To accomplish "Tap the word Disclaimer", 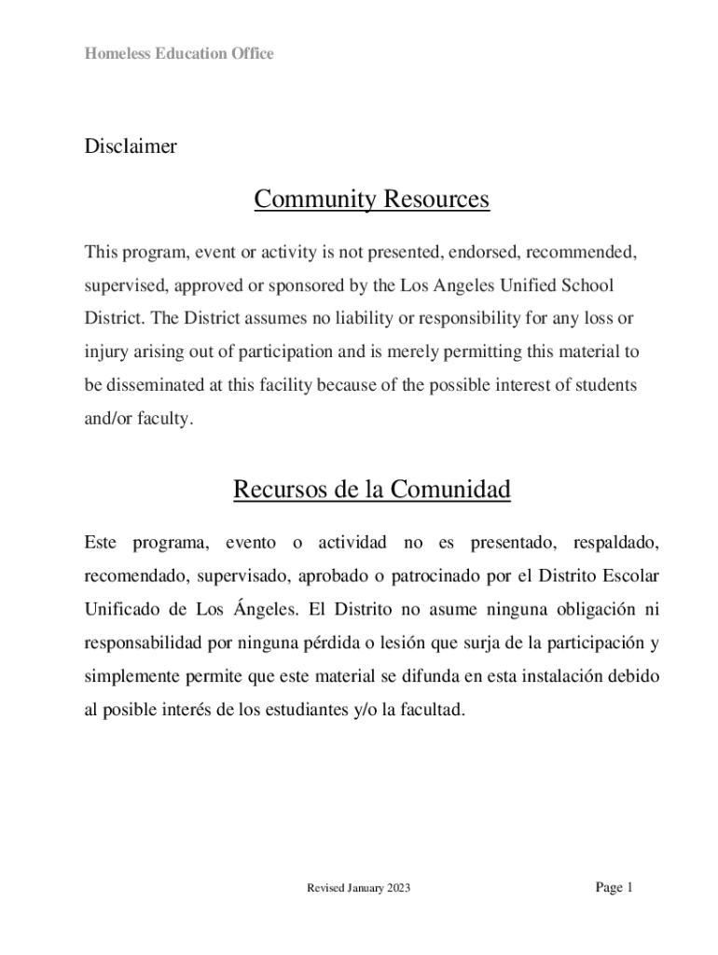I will pyautogui.click(x=131, y=146).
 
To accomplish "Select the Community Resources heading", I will pyautogui.click(x=371, y=200).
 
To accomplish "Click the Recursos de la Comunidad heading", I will pyautogui.click(x=371, y=490).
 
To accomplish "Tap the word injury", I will pyautogui.click(x=104, y=353).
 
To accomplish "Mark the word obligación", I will pyautogui.click(x=585, y=610).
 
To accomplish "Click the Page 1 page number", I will pyautogui.click(x=614, y=888).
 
